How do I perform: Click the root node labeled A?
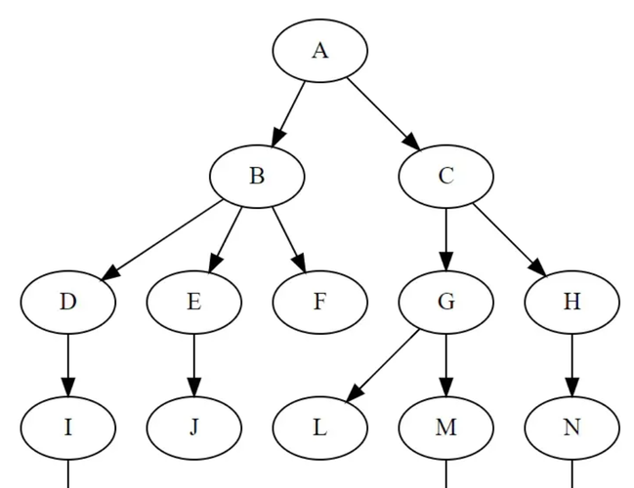pyautogui.click(x=319, y=51)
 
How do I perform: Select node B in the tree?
pyautogui.click(x=257, y=177)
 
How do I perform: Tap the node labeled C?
pyautogui.click(x=446, y=177)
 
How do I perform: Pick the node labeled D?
pyautogui.click(x=68, y=303)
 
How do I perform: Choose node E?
pyautogui.click(x=194, y=303)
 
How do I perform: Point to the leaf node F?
pyautogui.click(x=319, y=303)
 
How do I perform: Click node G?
pyautogui.click(x=446, y=303)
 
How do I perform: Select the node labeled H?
pyautogui.click(x=571, y=303)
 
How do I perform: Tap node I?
pyautogui.click(x=68, y=427)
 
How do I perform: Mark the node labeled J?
pyautogui.click(x=194, y=427)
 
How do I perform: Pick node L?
pyautogui.click(x=319, y=427)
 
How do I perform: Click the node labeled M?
pyautogui.click(x=446, y=427)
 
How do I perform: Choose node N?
pyautogui.click(x=571, y=427)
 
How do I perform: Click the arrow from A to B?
pyautogui.click(x=288, y=114)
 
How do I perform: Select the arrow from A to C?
pyautogui.click(x=384, y=114)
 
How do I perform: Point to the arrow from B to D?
pyautogui.click(x=162, y=239)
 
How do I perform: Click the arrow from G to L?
pyautogui.click(x=382, y=366)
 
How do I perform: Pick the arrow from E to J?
pyautogui.click(x=194, y=365)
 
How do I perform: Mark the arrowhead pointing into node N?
pyautogui.click(x=571, y=387)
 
